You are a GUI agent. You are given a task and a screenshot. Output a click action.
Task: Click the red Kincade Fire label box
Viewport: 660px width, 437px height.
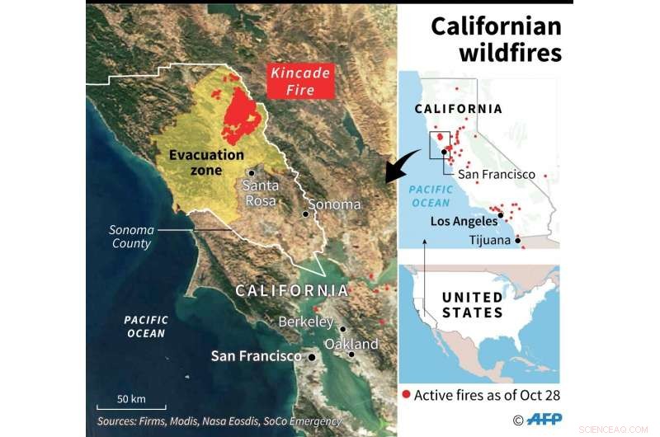pos(301,81)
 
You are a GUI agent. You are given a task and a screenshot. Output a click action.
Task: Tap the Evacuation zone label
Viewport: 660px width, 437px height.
pos(206,162)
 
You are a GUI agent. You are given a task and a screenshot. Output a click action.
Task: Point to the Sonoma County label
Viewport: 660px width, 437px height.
pos(131,237)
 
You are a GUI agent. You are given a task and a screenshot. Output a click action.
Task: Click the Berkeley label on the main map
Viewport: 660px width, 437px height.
pos(305,322)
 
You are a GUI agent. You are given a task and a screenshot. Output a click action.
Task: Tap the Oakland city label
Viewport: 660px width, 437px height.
pos(351,344)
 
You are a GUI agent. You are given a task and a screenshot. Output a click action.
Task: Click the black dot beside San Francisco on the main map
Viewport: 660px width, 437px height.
pos(312,357)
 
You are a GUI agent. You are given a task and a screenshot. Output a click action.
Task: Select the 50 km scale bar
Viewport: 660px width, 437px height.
pos(131,405)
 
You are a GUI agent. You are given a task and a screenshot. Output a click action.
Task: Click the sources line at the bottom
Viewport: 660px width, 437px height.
pos(218,421)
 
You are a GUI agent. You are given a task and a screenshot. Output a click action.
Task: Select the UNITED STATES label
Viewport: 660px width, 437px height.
pos(472,305)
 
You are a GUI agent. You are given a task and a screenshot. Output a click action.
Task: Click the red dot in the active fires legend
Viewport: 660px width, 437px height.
pos(405,396)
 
